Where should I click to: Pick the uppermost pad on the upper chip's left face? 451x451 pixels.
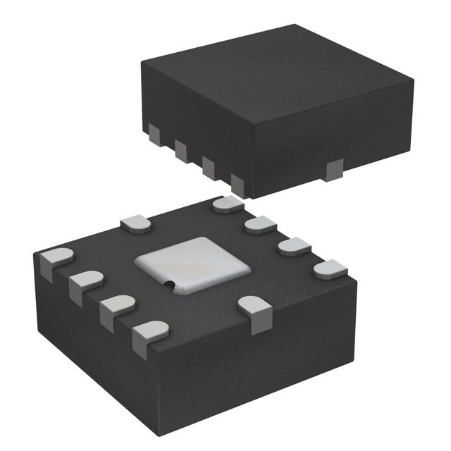click(154, 131)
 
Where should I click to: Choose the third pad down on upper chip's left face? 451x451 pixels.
click(209, 166)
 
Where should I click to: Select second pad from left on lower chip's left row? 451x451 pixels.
click(85, 283)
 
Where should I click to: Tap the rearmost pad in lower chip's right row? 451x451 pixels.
click(228, 204)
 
